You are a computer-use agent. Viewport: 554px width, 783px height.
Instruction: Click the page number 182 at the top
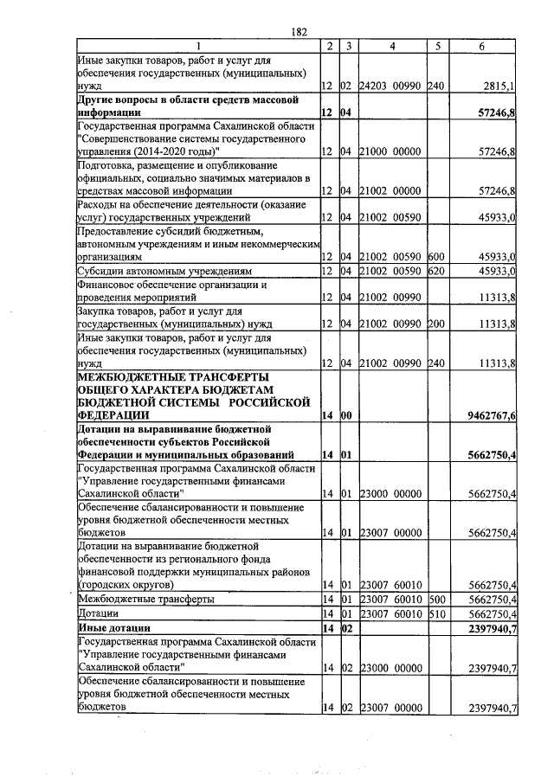[300, 32]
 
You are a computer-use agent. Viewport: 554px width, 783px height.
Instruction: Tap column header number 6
[481, 45]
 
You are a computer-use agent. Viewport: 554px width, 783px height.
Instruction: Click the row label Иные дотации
[114, 627]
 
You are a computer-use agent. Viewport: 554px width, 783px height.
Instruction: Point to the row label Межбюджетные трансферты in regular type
[146, 598]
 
